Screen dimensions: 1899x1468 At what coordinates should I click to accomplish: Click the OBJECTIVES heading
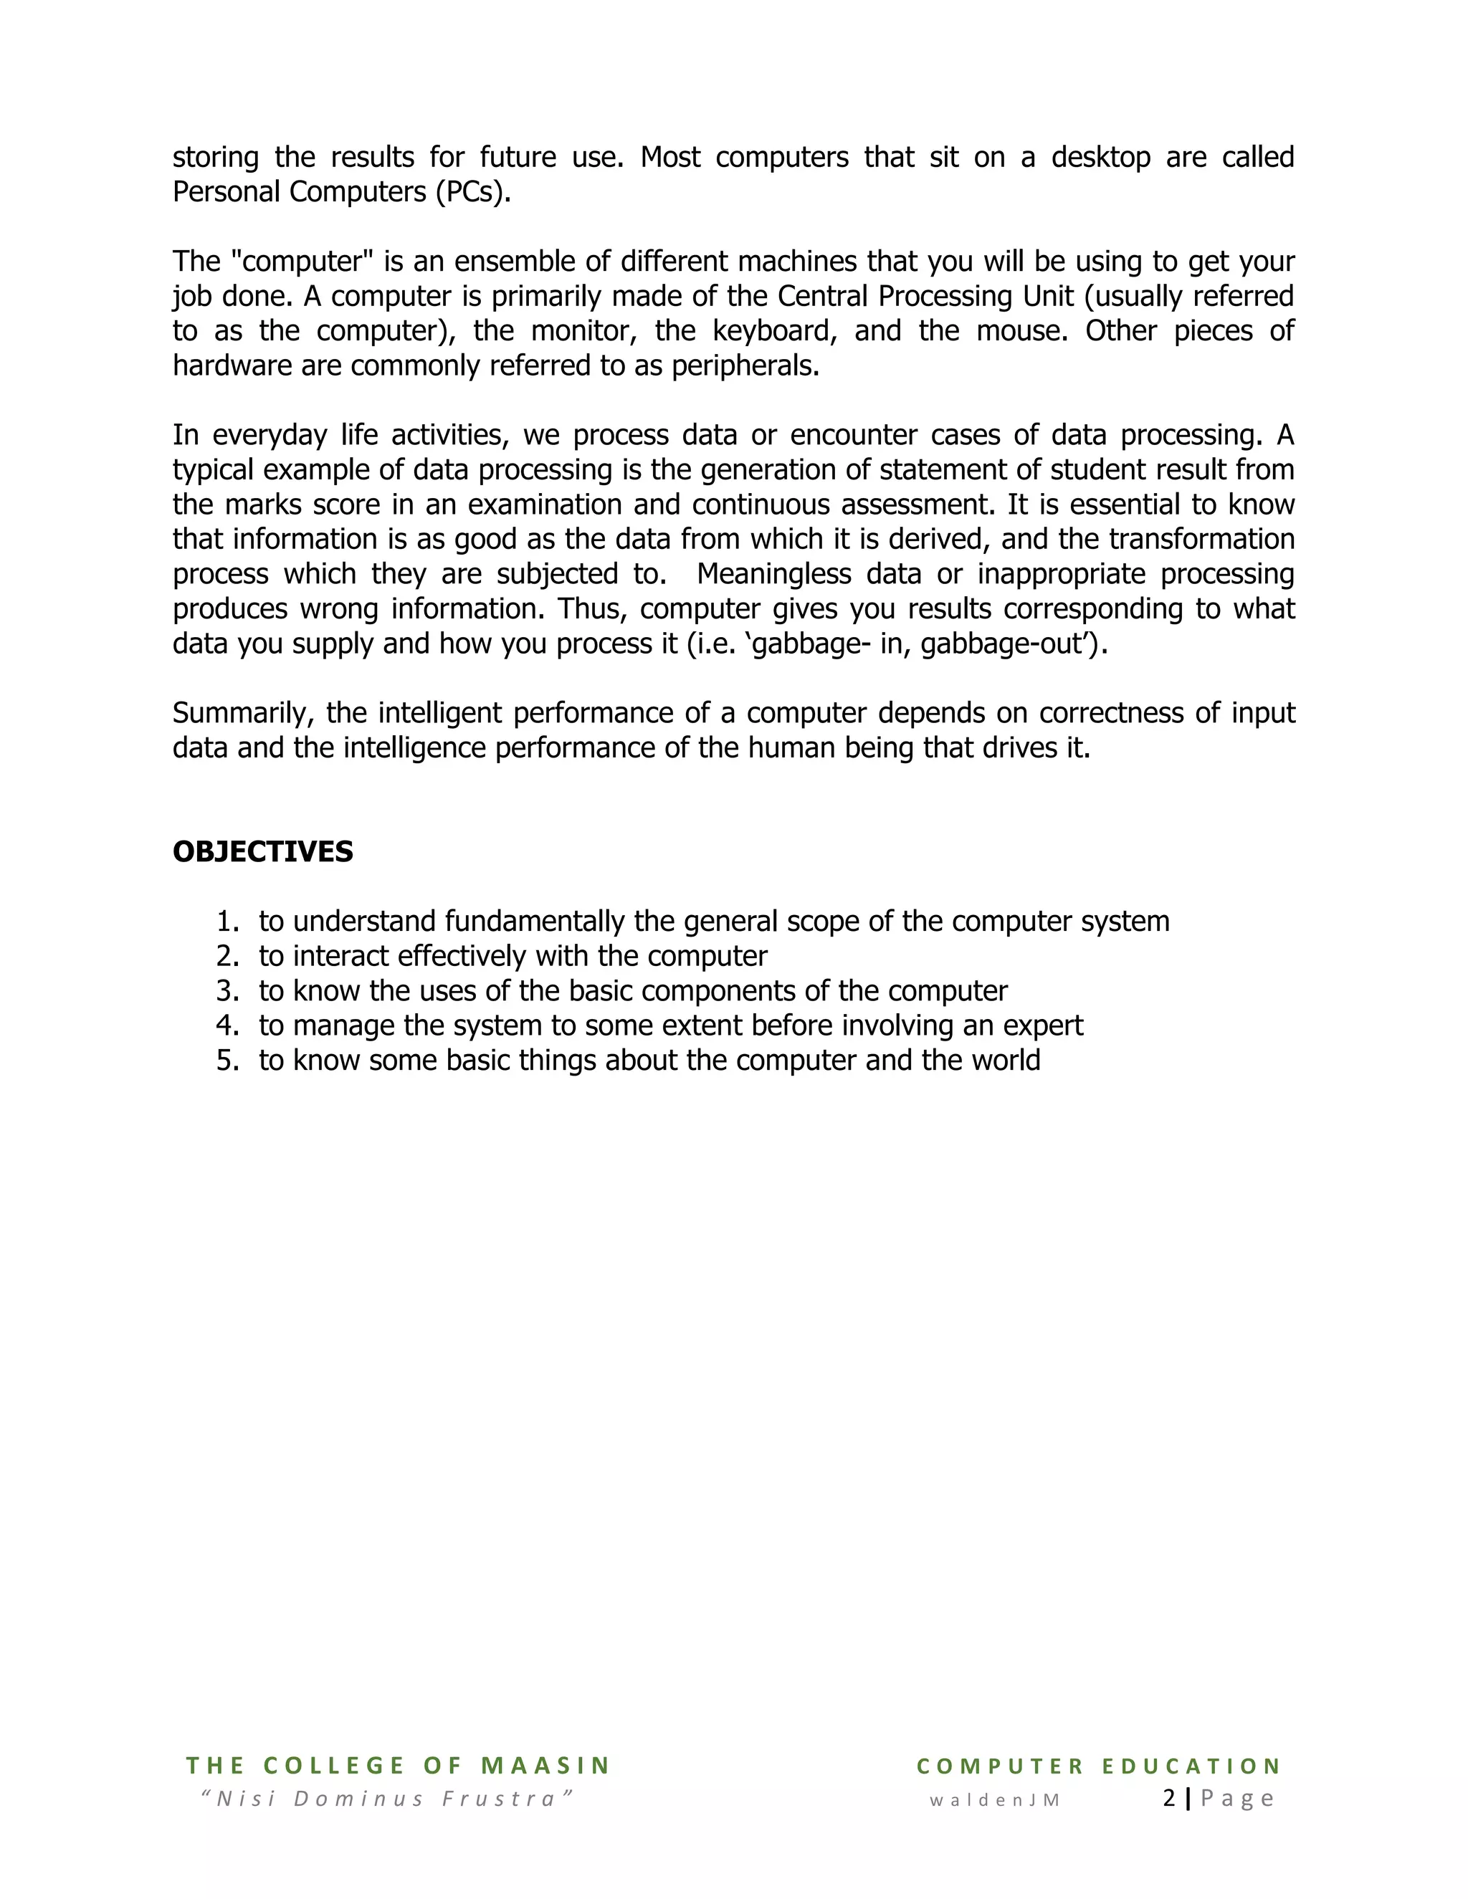[x=262, y=851]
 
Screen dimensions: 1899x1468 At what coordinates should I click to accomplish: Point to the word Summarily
[x=241, y=713]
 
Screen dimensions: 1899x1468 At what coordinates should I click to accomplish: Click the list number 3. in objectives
[x=227, y=990]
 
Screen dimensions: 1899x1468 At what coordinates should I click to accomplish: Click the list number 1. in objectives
[x=227, y=921]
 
